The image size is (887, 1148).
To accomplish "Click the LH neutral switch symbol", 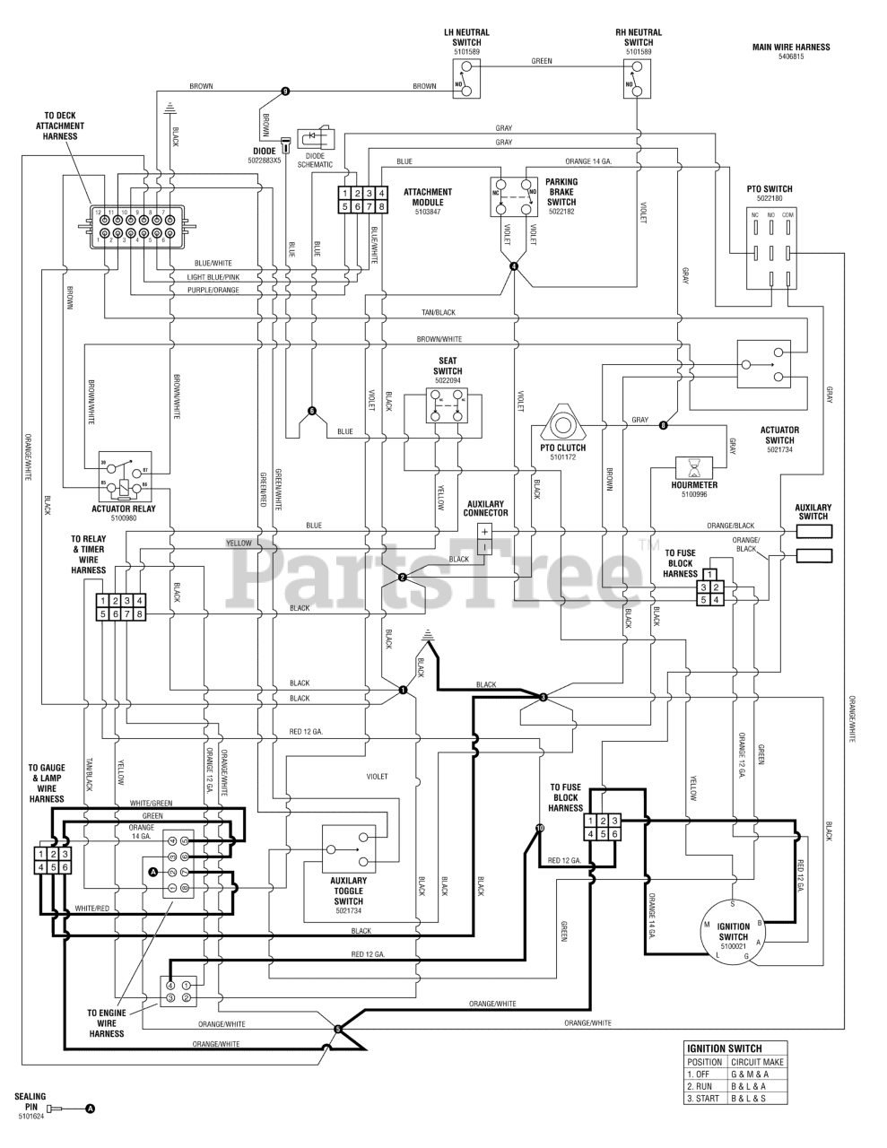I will point(466,83).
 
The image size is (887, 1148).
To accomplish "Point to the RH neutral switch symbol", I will point(638,83).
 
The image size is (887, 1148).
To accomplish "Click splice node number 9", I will point(285,91).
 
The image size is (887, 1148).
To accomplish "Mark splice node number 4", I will point(514,265).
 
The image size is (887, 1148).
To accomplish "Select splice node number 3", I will point(543,697).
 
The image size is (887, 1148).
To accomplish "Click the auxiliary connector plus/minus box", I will point(484,539).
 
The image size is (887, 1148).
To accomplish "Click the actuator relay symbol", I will point(123,480).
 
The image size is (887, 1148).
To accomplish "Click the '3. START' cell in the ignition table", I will point(704,1098).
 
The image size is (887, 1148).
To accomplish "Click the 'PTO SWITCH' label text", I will point(770,189).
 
